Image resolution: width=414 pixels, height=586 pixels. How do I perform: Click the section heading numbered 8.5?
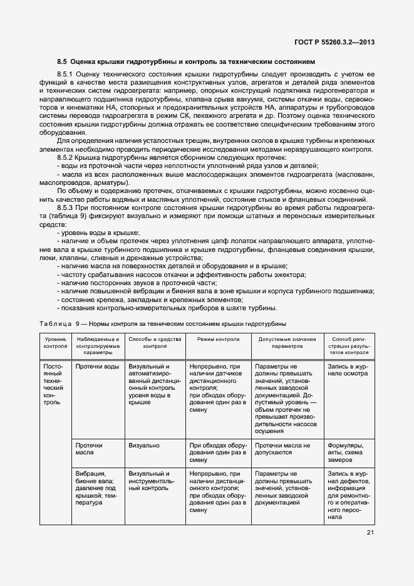[185, 61]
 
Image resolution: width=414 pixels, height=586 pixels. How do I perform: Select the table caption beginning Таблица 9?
[163, 324]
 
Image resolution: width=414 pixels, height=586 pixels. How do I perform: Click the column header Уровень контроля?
[55, 342]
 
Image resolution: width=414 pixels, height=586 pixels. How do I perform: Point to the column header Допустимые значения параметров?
[287, 342]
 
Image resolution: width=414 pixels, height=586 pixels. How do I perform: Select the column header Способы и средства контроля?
[154, 342]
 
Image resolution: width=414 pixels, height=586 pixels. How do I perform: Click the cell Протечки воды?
[97, 366]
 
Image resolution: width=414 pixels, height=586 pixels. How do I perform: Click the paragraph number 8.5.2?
[66, 159]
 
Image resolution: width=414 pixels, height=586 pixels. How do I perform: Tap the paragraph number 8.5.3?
[66, 206]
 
